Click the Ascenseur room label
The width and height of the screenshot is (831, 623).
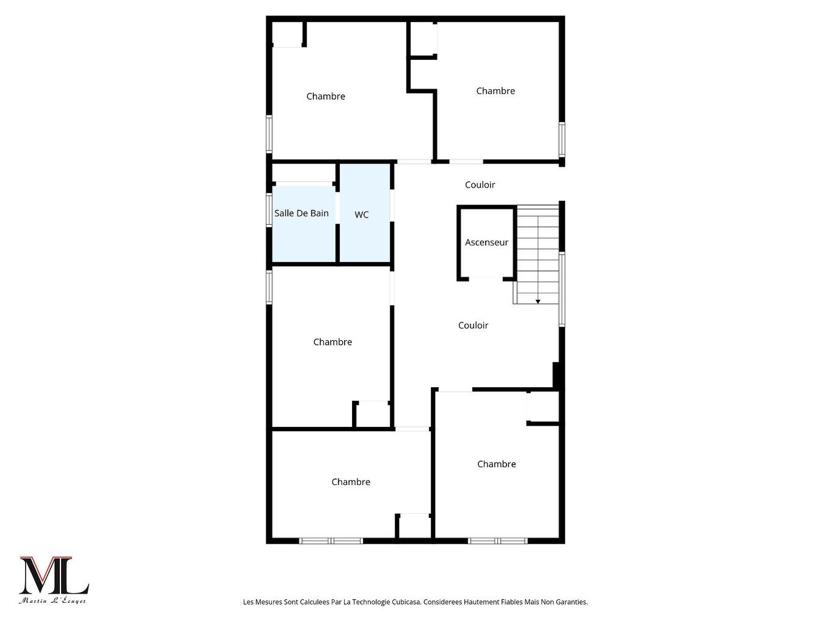click(486, 242)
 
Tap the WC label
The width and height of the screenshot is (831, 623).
click(362, 215)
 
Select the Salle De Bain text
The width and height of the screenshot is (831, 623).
click(301, 213)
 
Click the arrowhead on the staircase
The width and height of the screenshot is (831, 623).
click(538, 301)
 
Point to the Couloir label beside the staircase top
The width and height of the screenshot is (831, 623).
click(480, 184)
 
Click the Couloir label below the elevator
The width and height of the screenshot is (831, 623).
click(473, 326)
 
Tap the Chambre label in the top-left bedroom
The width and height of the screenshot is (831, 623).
click(326, 97)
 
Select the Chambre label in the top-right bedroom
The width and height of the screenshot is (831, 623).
click(496, 91)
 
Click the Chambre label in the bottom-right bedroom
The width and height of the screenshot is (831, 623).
click(496, 464)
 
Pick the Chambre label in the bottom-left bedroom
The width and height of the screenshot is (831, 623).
click(351, 482)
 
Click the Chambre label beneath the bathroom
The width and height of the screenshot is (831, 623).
click(332, 342)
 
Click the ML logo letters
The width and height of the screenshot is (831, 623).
click(54, 575)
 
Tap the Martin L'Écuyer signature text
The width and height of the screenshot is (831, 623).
click(53, 601)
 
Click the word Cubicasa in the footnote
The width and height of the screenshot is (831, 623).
click(405, 602)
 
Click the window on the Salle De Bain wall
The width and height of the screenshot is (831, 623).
click(269, 210)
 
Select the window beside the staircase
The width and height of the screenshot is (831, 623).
click(562, 290)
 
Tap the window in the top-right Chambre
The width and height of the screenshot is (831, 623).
click(562, 140)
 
